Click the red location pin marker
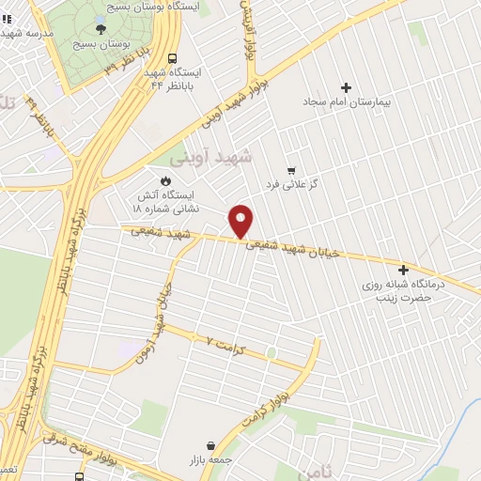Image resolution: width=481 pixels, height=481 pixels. pyautogui.click(x=241, y=221)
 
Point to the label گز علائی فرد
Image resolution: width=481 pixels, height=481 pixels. pyautogui.click(x=306, y=184)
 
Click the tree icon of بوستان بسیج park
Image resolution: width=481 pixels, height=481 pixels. pyautogui.click(x=101, y=29)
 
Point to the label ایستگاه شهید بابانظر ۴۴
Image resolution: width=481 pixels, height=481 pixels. pyautogui.click(x=171, y=78)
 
